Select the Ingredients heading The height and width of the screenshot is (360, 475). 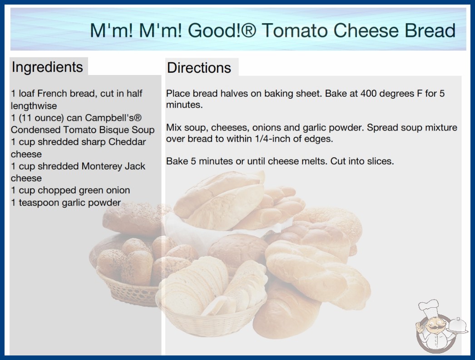(x=47, y=67)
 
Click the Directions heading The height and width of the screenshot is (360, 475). (x=199, y=68)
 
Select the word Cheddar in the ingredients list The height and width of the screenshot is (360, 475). (x=127, y=142)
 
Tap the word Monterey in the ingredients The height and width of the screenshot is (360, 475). (x=98, y=166)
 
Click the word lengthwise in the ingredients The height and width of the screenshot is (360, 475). (x=34, y=106)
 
